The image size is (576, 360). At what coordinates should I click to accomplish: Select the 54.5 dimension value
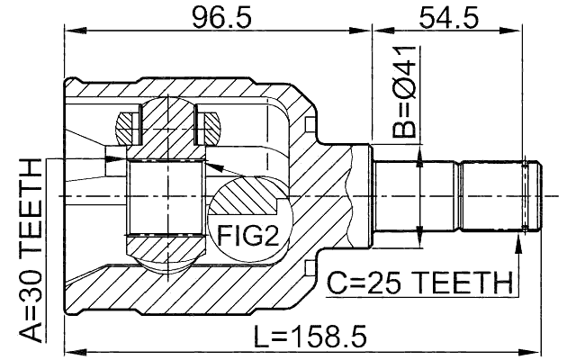448,15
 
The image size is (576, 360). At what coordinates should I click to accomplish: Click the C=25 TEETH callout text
418,283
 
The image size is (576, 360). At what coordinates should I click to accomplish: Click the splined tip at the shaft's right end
531,195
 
